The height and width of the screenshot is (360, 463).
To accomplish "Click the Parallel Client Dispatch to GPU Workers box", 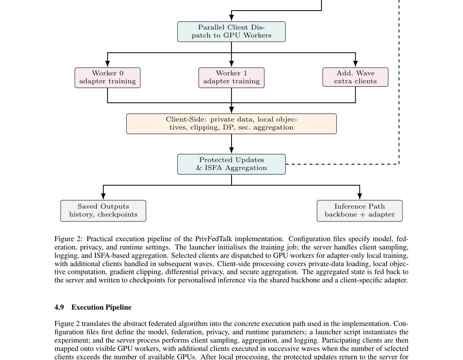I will [x=231, y=31].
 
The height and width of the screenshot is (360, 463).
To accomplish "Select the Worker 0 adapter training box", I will [x=107, y=78].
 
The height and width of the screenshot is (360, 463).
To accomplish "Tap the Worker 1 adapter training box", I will [x=231, y=78].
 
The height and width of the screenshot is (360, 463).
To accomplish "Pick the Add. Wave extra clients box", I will [x=355, y=77].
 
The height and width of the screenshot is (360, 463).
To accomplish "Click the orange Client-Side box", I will [x=231, y=124].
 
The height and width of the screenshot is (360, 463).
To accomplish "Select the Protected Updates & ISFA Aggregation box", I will [x=231, y=164].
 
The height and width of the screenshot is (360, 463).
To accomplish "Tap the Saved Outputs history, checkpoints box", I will [x=103, y=211].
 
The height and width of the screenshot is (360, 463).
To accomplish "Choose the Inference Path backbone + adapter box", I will [x=359, y=211].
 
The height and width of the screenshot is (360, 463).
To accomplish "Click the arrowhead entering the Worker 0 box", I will [x=107, y=64].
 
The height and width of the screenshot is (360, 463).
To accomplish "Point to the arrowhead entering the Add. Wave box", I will [x=355, y=64].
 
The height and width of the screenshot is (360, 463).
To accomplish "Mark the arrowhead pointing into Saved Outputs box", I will [x=103, y=196].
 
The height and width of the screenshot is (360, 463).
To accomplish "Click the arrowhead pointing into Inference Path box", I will [x=359, y=196].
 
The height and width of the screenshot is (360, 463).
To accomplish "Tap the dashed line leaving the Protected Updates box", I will [x=340, y=164].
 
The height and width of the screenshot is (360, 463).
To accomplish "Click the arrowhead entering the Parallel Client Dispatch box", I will [x=231, y=18].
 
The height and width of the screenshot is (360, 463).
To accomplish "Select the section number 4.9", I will [x=59, y=307].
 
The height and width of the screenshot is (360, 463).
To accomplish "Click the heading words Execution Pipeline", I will [x=101, y=307].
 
